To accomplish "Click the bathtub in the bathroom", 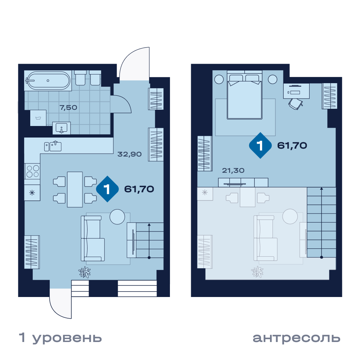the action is [48, 80].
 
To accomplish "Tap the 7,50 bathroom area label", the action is [68, 107].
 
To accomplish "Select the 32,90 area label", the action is [130, 154].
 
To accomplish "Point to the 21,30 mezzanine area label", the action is [233, 170].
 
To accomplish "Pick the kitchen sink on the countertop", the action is [53, 146].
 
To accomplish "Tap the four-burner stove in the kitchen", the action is [32, 171].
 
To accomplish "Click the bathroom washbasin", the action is [62, 128].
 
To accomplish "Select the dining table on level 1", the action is [75, 189].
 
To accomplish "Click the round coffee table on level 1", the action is [117, 217].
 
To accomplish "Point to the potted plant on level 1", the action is [85, 272].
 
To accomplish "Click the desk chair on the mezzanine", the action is [296, 104].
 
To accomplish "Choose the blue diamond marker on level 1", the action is [107, 189].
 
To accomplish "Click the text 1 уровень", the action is [60, 338].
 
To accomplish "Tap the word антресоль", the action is [296, 338].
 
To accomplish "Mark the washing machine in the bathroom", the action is [39, 118].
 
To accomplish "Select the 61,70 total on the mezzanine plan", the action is [292, 145].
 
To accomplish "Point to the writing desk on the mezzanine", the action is [296, 91].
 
